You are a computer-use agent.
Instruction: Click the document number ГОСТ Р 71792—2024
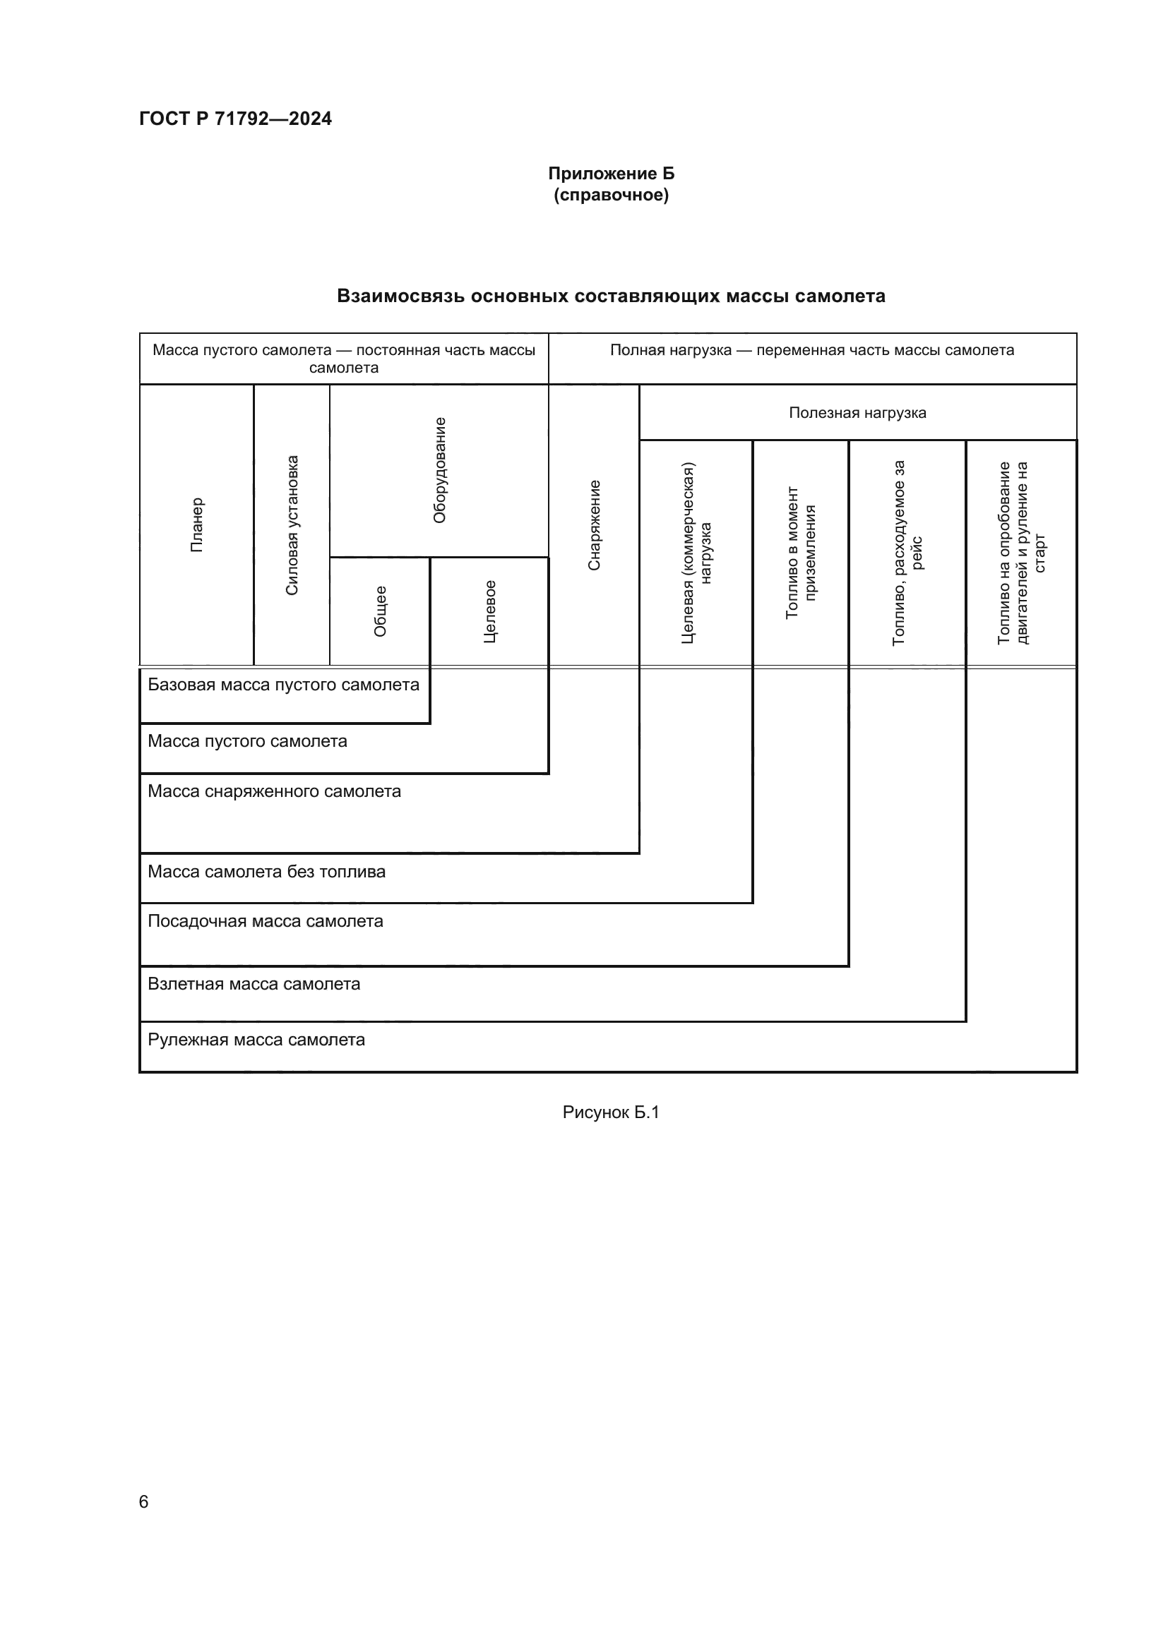235,119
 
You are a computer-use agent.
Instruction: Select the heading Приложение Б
611,174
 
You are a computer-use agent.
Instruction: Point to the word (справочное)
611,196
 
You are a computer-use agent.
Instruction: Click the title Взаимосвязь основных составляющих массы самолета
611,296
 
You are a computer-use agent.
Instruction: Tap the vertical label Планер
197,525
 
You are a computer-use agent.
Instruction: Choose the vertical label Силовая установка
291,525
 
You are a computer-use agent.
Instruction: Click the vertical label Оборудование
439,470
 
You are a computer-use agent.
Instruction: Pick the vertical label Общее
380,611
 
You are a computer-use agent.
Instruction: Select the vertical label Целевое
489,611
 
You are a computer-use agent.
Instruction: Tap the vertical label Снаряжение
594,525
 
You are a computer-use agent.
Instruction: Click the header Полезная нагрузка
857,413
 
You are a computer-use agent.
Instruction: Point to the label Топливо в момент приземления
801,552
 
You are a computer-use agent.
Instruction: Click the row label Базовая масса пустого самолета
283,685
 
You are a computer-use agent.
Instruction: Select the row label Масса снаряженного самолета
274,792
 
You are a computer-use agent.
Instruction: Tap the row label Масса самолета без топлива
266,872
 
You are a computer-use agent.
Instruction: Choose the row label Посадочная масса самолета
266,922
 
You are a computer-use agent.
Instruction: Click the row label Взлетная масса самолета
254,985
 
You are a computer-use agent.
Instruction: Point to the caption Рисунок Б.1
611,1113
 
